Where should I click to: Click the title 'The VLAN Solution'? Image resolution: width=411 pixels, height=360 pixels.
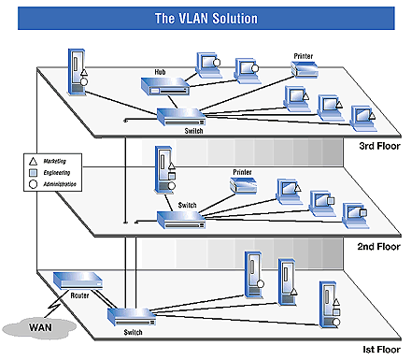coord(205,18)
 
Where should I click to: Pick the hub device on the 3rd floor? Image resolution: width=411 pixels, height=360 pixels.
coord(163,87)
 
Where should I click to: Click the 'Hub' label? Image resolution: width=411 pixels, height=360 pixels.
coord(160,72)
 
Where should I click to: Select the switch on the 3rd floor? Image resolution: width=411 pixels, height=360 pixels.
coord(179,115)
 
